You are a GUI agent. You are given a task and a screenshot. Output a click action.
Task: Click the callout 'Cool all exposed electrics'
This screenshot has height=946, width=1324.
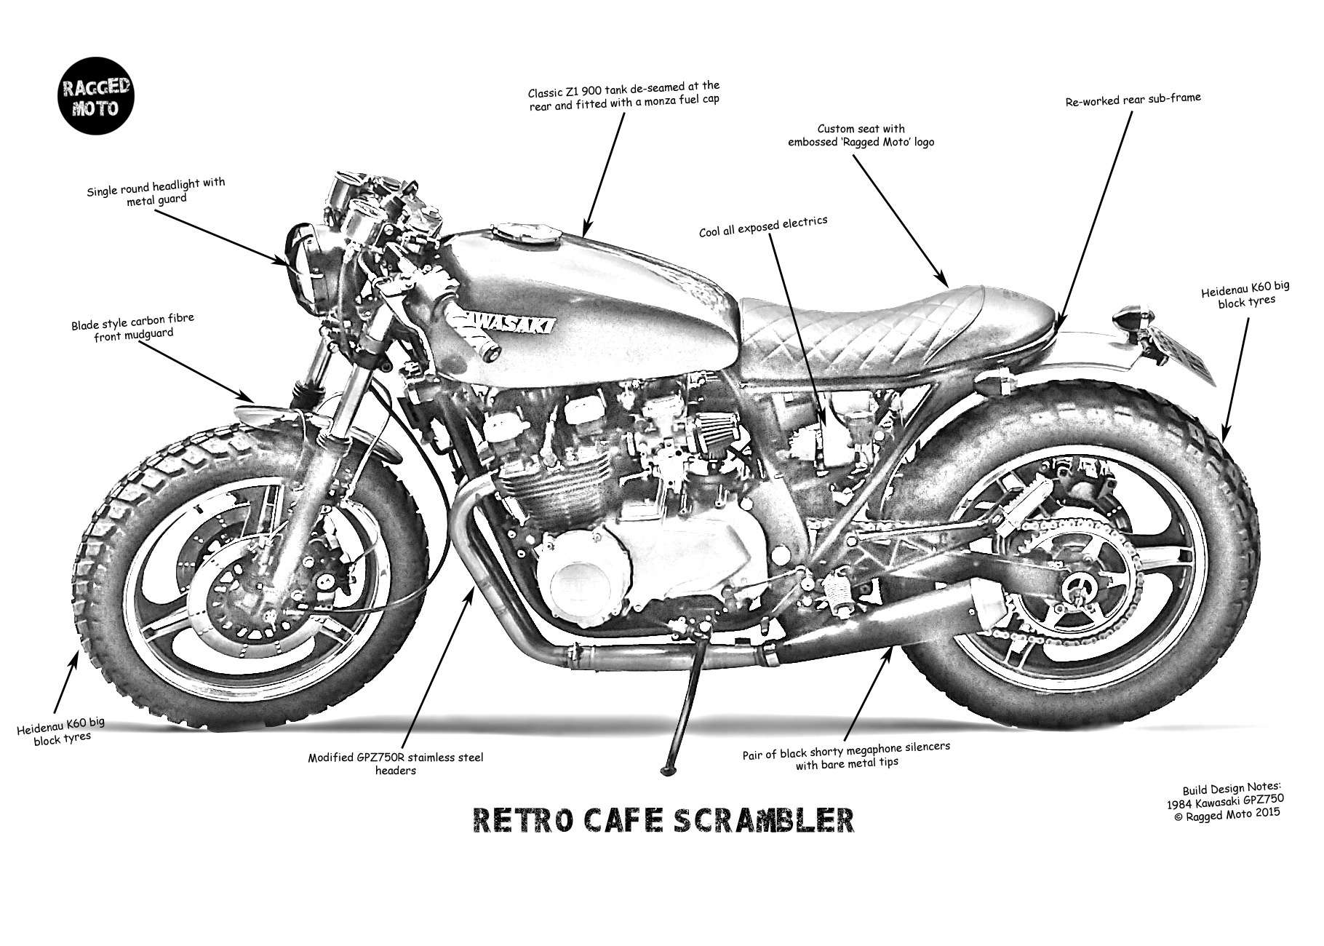pyautogui.click(x=763, y=226)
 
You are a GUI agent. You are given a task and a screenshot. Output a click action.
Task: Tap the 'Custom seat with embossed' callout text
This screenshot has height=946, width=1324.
pyautogui.click(x=861, y=135)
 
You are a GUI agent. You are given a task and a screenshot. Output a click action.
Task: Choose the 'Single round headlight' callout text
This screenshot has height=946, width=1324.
pyautogui.click(x=156, y=191)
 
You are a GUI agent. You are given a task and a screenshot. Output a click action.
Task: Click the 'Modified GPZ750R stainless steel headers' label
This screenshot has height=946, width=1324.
pyautogui.click(x=395, y=763)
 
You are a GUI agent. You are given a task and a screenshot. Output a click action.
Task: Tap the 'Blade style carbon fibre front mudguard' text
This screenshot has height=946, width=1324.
pyautogui.click(x=132, y=327)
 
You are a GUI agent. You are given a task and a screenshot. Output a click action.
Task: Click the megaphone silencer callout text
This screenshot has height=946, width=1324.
pyautogui.click(x=846, y=755)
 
